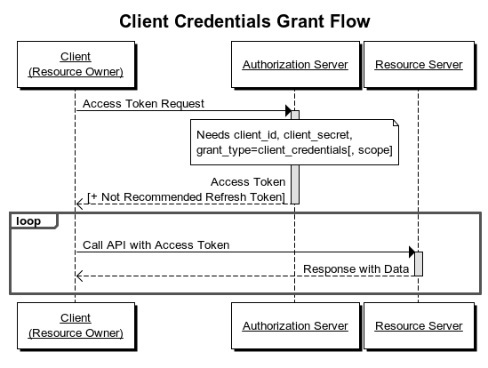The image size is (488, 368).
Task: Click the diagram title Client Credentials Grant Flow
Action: coord(244,20)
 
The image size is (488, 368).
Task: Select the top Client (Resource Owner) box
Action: coord(76,64)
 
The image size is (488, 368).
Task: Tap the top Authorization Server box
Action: coord(295,65)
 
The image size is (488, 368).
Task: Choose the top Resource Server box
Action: coord(419,65)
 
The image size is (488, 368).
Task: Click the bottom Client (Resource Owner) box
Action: coord(76,324)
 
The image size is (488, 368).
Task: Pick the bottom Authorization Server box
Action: coord(295,325)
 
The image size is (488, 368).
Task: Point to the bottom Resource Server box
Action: coord(419,325)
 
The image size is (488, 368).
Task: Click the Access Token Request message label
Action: coord(143,103)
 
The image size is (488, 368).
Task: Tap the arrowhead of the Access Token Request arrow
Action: coord(288,111)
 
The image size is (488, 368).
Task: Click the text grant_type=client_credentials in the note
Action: coord(267,150)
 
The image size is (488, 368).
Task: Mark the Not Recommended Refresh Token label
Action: coord(187,196)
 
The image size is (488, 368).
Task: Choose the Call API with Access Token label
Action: coord(156,244)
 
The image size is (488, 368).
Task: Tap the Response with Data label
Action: coord(356,268)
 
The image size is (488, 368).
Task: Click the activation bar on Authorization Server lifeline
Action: coord(295,156)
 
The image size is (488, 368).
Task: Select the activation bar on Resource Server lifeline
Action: coord(419,263)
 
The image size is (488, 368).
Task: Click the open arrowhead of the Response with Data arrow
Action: coord(80,276)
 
